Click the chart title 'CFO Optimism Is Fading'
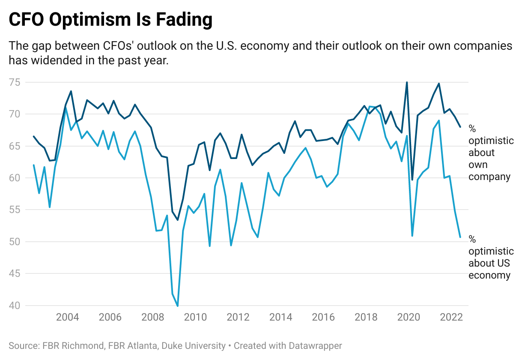(x=110, y=20)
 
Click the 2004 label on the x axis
(x=68, y=318)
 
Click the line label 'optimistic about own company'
(x=491, y=153)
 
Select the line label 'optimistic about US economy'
(x=491, y=257)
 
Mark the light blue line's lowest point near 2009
(x=178, y=306)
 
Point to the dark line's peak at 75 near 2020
(x=407, y=82)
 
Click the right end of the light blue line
(x=460, y=237)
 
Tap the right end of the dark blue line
(x=460, y=127)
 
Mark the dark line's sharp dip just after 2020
(x=412, y=180)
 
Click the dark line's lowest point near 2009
(x=178, y=220)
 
